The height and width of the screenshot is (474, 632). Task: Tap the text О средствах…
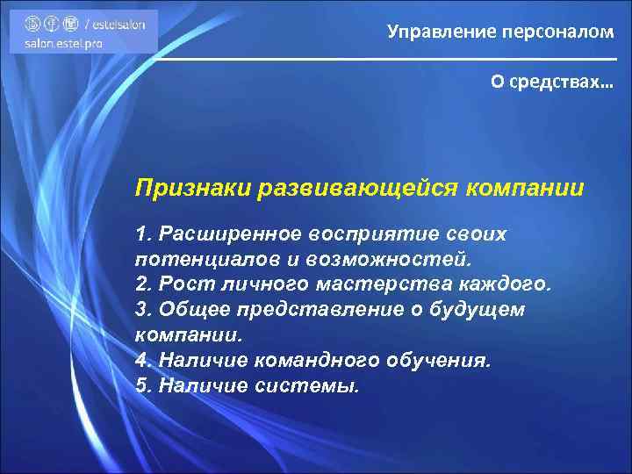[x=552, y=82]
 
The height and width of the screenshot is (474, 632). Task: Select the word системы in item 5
[x=305, y=386]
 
